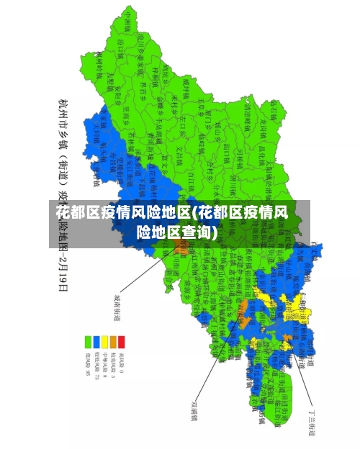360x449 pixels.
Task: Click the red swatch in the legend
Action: coord(121,340)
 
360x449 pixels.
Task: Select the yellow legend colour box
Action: coord(104,340)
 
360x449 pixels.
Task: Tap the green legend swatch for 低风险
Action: coord(88,340)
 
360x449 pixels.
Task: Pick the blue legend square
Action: coord(96,340)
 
